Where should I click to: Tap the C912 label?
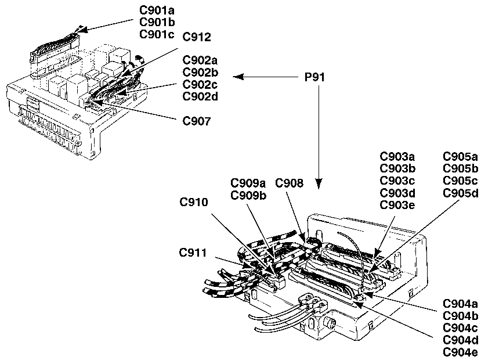click(197, 38)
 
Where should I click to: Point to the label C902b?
click(200, 72)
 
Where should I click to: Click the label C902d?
click(200, 96)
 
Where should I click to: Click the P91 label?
click(317, 77)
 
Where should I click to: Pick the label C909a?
click(248, 183)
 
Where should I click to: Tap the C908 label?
click(289, 183)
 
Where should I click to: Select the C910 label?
click(194, 202)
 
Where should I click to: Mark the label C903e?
click(397, 204)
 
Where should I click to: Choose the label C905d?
click(460, 193)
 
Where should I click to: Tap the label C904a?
click(460, 304)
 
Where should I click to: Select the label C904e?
click(460, 352)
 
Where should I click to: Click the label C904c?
click(460, 328)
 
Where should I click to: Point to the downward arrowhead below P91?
click(318, 185)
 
